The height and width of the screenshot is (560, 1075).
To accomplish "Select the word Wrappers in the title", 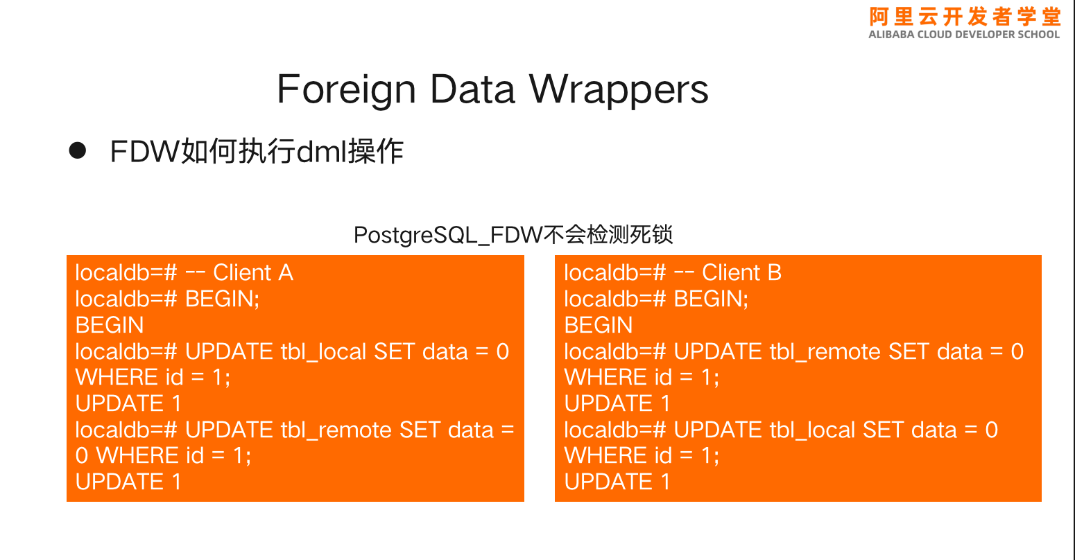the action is click(x=619, y=90).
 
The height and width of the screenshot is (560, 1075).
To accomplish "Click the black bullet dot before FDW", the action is click(x=77, y=150).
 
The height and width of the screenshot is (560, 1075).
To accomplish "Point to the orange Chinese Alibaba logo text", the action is click(x=965, y=17).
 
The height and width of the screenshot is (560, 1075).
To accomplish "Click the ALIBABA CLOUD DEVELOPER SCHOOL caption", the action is click(x=963, y=35).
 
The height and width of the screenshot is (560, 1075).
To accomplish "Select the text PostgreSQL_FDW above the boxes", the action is click(x=448, y=235).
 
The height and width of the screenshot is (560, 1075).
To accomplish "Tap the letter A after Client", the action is click(x=286, y=272).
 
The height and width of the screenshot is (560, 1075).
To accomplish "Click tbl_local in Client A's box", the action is click(x=324, y=351).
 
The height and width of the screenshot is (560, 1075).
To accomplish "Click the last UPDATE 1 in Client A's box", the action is click(x=128, y=482).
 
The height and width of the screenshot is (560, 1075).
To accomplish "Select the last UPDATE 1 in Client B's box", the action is click(x=617, y=482).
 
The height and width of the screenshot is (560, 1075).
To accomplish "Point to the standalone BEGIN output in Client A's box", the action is click(x=110, y=325).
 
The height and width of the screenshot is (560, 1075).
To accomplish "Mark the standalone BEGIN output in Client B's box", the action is click(x=598, y=325).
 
